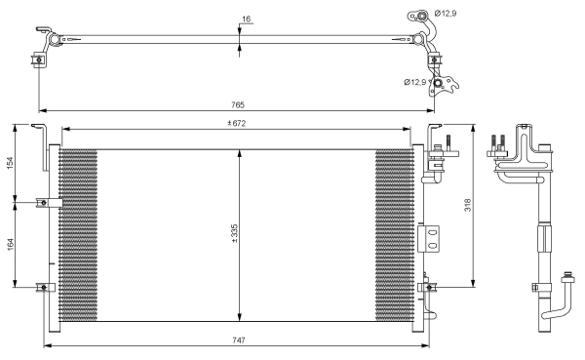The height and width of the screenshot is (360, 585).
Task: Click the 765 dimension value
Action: point(238,105)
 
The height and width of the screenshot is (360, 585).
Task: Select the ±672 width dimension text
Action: point(237,123)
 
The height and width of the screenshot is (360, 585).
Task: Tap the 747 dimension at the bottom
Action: point(239,340)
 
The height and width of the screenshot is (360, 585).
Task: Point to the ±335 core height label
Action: point(234,234)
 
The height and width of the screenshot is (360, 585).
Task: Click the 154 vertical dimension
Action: point(10,163)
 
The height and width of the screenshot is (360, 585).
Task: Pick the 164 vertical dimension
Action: point(10,245)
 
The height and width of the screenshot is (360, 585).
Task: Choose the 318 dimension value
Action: point(467,205)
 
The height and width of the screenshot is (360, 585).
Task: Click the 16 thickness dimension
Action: point(246,19)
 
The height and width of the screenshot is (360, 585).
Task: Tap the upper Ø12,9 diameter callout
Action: point(446,14)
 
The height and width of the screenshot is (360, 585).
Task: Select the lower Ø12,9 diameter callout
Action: point(415,82)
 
